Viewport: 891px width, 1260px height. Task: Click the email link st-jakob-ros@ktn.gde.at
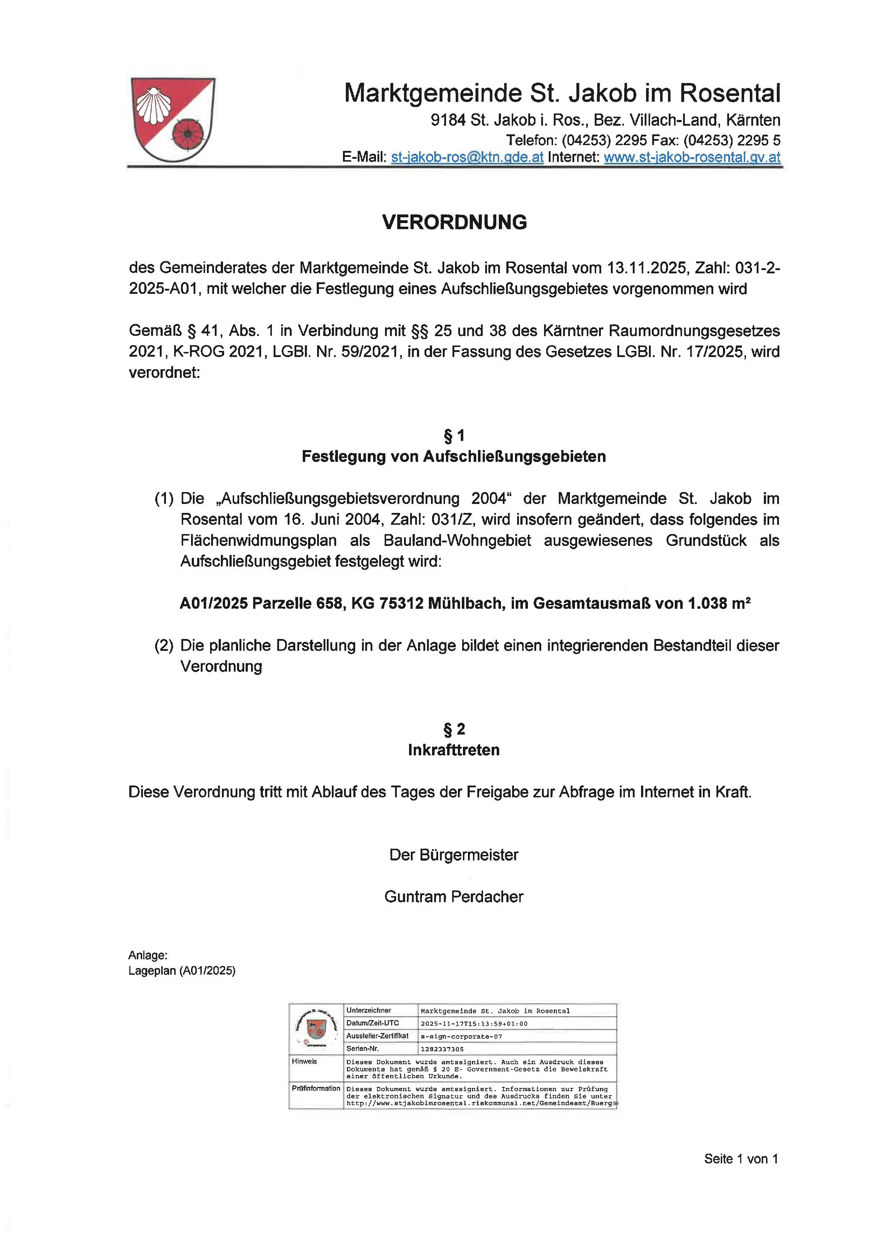467,157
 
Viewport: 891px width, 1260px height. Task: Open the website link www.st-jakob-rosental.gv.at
692,157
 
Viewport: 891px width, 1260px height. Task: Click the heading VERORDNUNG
454,222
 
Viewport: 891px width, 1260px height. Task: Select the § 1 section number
454,436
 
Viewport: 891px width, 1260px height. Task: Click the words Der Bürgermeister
454,854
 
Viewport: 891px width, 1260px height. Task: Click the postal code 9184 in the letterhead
448,120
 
